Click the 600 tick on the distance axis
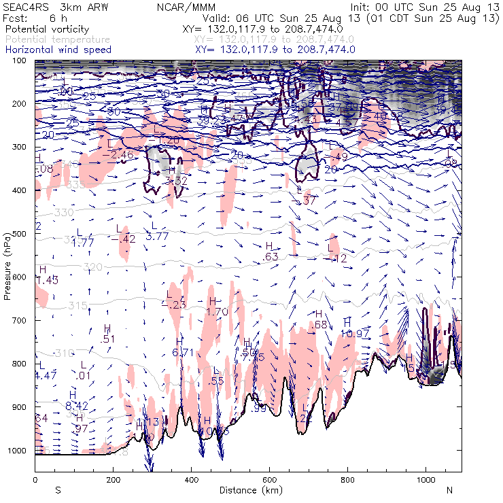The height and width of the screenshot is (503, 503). (x=270, y=480)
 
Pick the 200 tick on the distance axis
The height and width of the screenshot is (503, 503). (x=113, y=480)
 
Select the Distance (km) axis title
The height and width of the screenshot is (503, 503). (x=247, y=490)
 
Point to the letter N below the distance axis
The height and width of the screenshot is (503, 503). (x=449, y=490)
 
